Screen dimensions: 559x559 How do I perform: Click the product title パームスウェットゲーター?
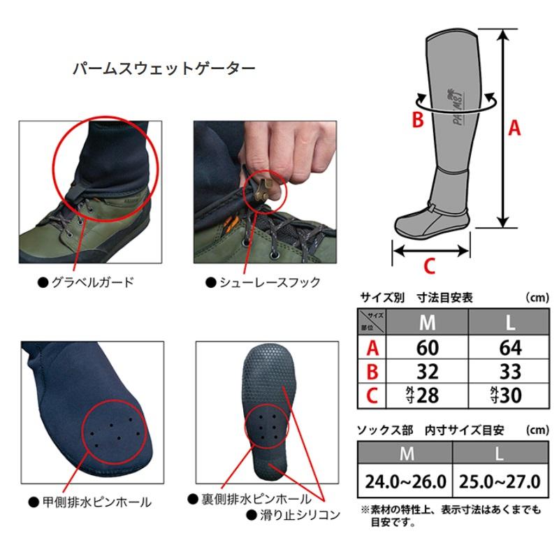[164, 68]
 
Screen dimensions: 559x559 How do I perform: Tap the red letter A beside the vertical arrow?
[514, 128]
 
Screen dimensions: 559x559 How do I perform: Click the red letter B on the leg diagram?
[418, 119]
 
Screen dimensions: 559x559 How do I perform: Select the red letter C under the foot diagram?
[429, 266]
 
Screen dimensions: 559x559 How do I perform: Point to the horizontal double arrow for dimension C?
[431, 251]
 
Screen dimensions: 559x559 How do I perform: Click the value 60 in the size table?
[427, 347]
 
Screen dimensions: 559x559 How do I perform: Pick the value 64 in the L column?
[510, 347]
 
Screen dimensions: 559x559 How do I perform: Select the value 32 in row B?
[427, 372]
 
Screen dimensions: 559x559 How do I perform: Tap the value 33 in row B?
[510, 372]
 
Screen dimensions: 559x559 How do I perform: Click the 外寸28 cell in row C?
[423, 395]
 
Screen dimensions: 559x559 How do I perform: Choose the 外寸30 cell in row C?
[506, 395]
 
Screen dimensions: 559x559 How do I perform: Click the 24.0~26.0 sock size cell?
[405, 482]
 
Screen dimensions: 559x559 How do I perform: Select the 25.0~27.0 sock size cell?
[500, 482]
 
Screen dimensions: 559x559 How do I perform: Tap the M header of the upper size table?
[427, 323]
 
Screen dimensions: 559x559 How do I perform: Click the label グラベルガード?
[93, 282]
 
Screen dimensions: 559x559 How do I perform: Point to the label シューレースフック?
[270, 282]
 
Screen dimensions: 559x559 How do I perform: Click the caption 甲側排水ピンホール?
[97, 502]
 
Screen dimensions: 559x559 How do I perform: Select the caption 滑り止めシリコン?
[300, 515]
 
